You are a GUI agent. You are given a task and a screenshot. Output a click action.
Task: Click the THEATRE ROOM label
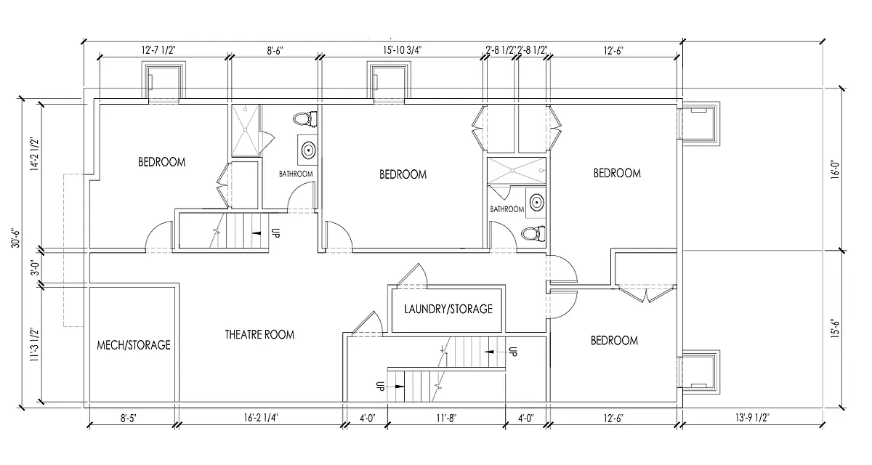tap(259, 335)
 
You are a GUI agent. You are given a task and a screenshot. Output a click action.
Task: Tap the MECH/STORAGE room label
tap(134, 345)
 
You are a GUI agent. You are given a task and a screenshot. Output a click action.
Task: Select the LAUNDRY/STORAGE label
tap(448, 309)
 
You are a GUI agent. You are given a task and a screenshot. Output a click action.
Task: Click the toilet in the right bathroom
tap(533, 234)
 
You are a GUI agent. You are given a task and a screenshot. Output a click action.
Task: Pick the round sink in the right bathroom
tap(537, 202)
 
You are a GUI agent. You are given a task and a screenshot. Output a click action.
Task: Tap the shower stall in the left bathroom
tap(246, 130)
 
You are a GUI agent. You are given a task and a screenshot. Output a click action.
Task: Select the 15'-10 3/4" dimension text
tap(403, 50)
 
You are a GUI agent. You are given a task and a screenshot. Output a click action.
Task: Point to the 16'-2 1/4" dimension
tap(261, 418)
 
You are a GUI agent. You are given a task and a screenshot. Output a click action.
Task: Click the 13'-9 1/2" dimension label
tap(753, 418)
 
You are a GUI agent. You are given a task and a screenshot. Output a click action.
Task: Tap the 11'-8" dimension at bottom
tap(446, 418)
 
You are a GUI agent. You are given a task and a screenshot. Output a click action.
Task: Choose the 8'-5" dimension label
tap(129, 418)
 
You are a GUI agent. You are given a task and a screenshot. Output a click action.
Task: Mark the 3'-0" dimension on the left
tap(36, 268)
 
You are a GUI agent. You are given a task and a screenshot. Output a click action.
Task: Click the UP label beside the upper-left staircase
tap(275, 232)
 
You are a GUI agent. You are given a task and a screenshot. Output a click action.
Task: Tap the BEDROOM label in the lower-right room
tap(614, 341)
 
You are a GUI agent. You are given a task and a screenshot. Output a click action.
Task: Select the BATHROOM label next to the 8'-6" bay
tap(296, 174)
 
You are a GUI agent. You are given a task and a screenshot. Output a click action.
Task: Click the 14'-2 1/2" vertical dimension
tap(35, 155)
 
